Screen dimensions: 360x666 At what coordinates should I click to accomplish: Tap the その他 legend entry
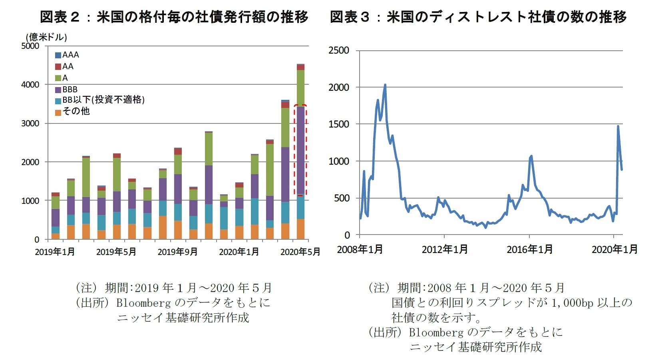(72, 111)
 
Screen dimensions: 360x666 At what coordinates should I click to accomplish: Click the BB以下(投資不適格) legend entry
(100, 100)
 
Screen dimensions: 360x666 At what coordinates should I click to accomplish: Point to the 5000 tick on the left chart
(30, 46)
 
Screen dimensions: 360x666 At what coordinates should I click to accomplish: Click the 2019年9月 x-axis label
(177, 252)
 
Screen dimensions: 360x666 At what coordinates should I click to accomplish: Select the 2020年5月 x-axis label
(300, 252)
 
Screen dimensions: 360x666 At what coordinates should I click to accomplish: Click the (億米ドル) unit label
(46, 37)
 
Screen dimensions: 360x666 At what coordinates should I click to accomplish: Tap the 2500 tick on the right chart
(338, 50)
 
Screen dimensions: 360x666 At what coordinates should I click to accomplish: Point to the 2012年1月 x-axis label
(445, 249)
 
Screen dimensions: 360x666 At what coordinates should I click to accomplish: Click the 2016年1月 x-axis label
(530, 249)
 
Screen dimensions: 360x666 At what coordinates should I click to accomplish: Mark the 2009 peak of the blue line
(385, 85)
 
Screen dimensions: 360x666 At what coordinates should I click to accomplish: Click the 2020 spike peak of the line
(618, 126)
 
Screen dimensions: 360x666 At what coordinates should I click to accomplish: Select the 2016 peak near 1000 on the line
(531, 156)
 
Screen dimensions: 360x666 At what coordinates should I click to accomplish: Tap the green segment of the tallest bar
(300, 88)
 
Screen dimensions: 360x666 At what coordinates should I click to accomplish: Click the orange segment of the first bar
(56, 236)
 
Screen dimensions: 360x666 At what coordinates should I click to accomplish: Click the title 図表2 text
(60, 17)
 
